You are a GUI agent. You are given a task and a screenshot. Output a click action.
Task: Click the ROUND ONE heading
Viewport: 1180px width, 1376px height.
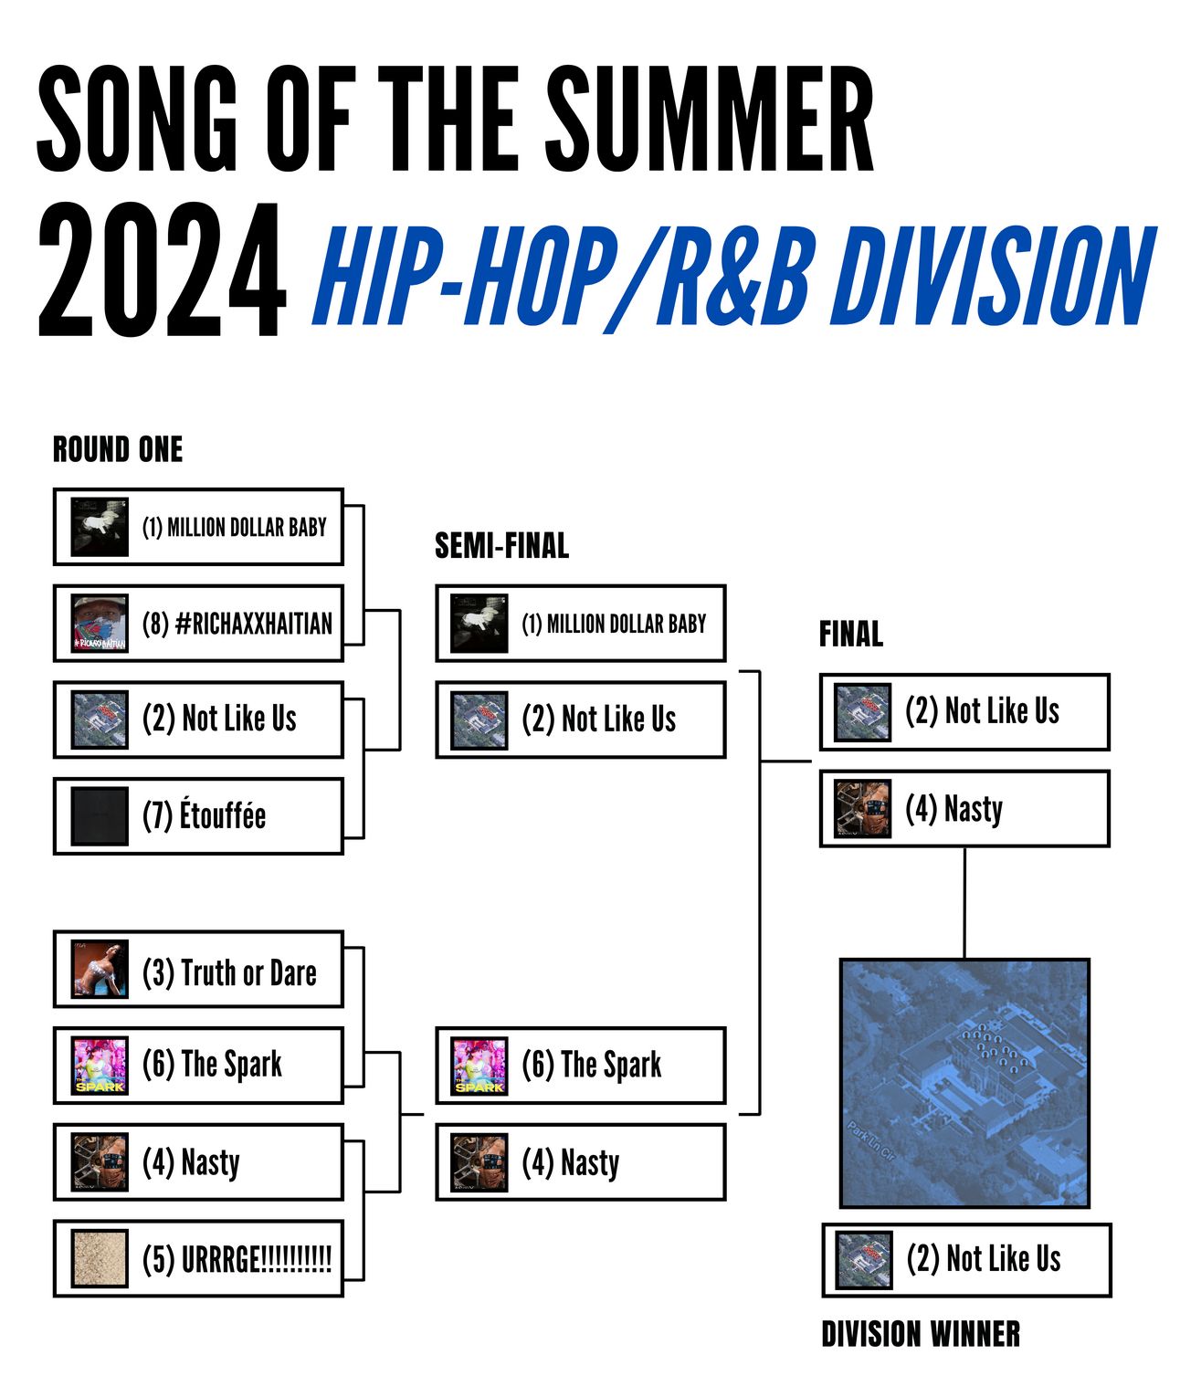click(x=117, y=449)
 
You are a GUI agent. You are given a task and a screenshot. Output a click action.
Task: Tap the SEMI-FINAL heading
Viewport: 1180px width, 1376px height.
click(x=501, y=546)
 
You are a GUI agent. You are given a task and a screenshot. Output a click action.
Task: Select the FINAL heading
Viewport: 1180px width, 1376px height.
click(x=851, y=634)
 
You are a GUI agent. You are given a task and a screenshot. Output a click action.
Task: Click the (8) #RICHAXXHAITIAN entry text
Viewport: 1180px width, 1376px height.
click(x=237, y=624)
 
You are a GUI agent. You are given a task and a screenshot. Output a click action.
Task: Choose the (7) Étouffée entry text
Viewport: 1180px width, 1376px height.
click(x=204, y=815)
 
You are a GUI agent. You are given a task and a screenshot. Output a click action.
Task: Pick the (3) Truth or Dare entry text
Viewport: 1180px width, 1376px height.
click(x=229, y=973)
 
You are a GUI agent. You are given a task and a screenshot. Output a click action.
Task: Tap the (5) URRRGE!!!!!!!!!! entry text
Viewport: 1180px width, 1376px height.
click(x=237, y=1259)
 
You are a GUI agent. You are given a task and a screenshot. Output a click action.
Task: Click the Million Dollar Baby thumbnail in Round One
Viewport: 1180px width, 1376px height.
click(x=100, y=527)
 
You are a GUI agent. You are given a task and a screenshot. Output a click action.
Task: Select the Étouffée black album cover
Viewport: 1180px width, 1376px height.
click(x=100, y=816)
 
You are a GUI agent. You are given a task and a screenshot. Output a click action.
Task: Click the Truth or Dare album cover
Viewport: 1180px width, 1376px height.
click(x=100, y=969)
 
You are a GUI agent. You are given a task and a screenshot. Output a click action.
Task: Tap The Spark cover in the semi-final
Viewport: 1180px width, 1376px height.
click(x=479, y=1066)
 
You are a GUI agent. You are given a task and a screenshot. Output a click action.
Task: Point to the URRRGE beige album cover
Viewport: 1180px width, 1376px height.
click(x=100, y=1258)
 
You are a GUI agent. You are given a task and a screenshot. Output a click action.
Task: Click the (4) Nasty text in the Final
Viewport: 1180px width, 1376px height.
click(x=953, y=809)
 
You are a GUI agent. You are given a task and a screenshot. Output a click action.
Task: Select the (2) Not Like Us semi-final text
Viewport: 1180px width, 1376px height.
click(x=598, y=719)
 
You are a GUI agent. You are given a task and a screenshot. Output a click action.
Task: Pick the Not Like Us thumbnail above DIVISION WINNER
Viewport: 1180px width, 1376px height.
click(x=864, y=1260)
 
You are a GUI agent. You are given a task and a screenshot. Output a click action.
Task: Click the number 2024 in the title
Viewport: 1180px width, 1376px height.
click(x=162, y=269)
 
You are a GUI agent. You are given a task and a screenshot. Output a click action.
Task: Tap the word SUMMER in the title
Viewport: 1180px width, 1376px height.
click(x=710, y=120)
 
